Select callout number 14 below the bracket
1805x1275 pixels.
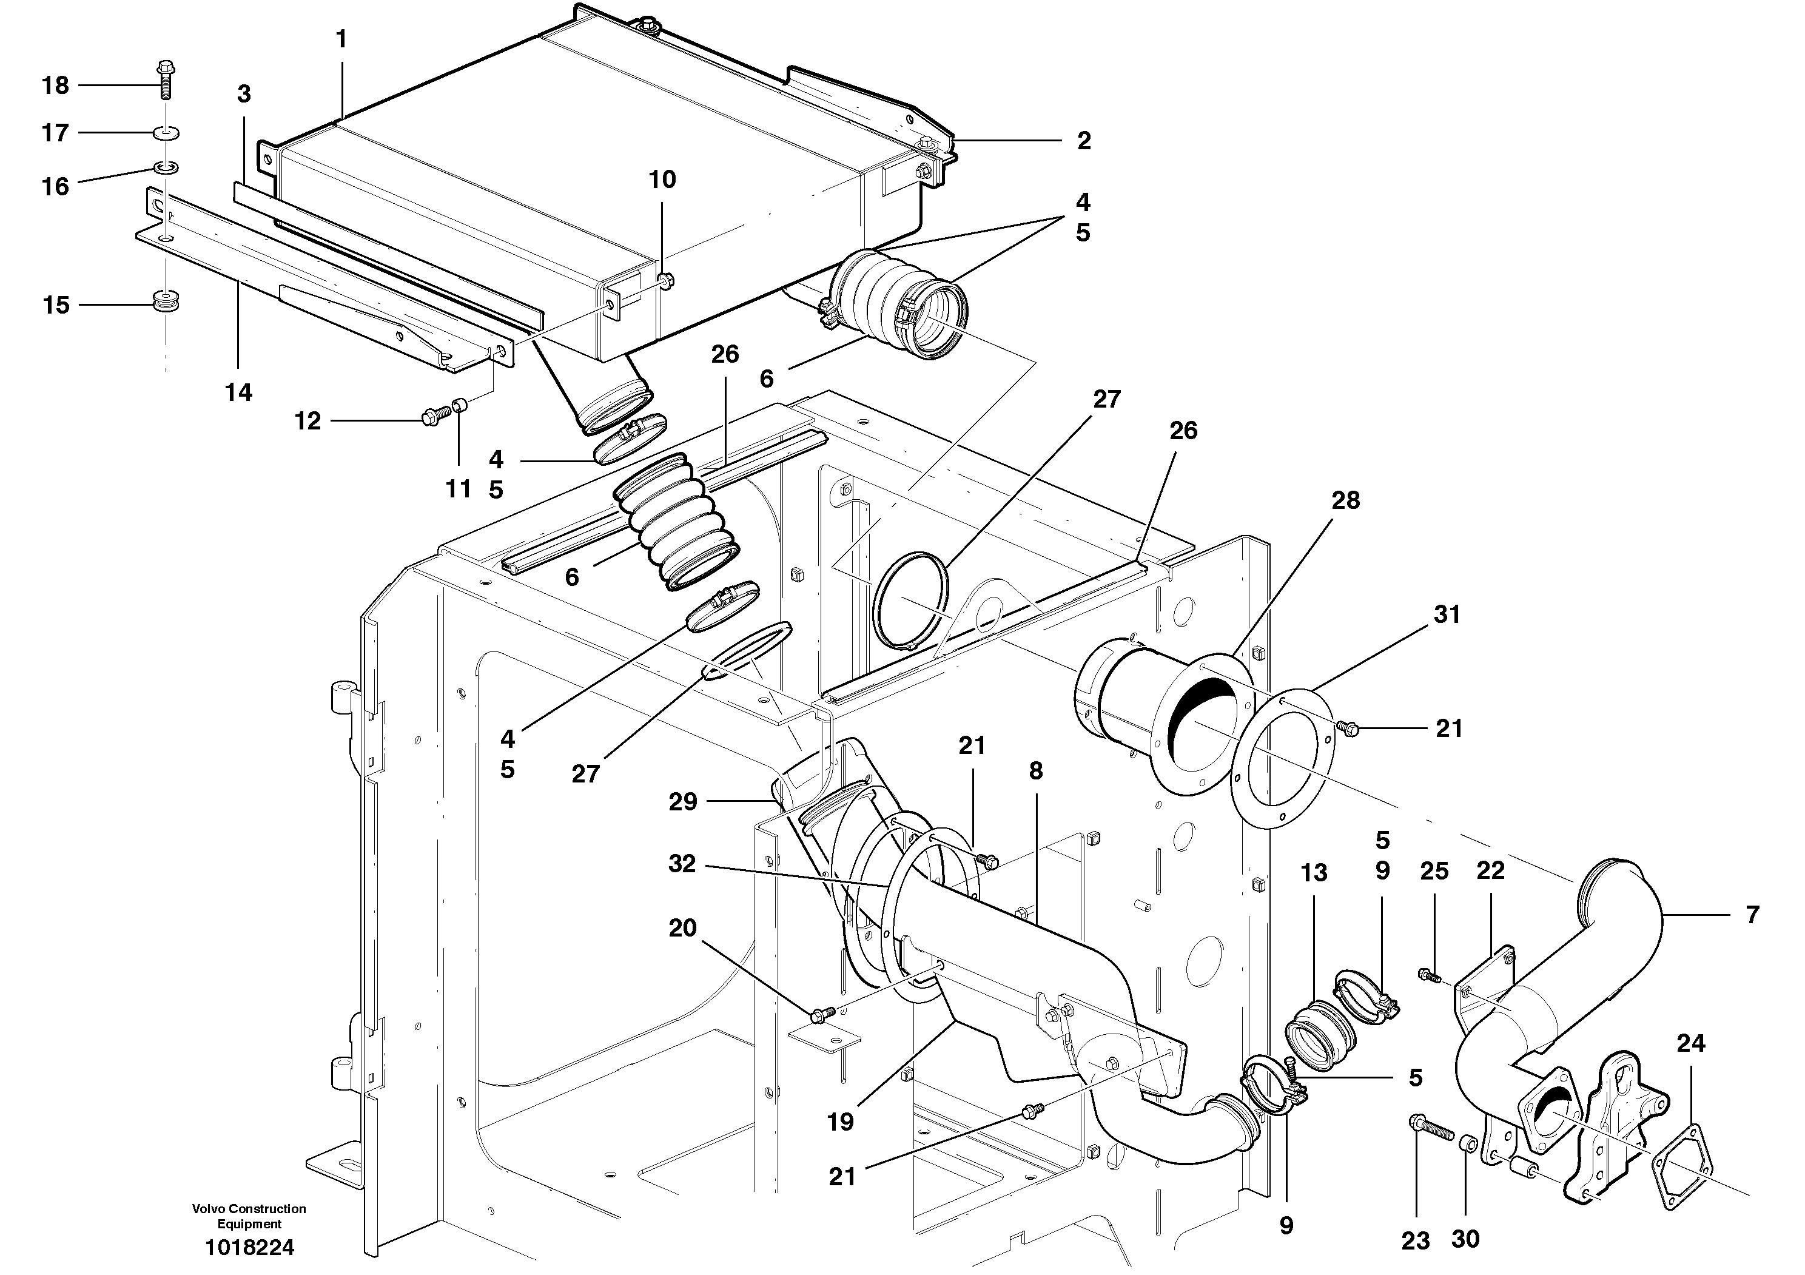point(239,392)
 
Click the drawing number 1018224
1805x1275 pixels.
point(249,1248)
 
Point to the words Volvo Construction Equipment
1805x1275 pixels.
point(249,1216)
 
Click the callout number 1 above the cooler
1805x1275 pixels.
point(341,39)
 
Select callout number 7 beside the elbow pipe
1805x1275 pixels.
point(1752,914)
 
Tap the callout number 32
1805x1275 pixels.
point(682,864)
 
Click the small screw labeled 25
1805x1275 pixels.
point(1428,975)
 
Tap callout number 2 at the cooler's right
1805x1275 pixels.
point(1084,141)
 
